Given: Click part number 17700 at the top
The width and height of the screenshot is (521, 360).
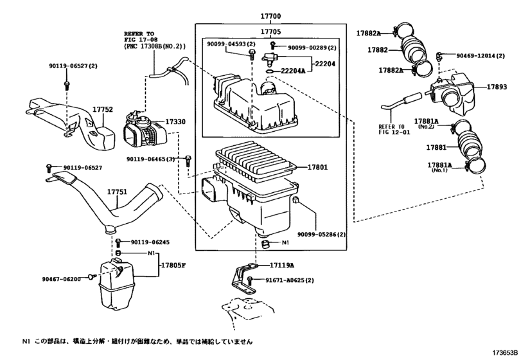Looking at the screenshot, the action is point(270,16).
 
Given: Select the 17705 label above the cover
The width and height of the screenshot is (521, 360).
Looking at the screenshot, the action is point(270,32).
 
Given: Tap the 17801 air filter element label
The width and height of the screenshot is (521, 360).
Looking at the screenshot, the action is point(317,167).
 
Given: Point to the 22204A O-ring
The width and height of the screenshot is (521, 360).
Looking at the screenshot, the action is point(270,71).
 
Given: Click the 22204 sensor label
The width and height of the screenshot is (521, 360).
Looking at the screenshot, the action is point(325,64).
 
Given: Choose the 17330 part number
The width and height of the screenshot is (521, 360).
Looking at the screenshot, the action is point(175,122).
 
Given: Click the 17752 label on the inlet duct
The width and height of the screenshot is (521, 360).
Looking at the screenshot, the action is point(103,109).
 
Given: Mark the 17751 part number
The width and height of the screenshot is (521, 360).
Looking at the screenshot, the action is point(118,192).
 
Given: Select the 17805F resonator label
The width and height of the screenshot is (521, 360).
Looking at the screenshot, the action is point(173,265).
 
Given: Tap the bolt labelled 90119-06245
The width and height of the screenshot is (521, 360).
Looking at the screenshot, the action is point(119,242).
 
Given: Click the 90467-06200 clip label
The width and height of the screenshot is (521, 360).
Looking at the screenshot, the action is point(62,279).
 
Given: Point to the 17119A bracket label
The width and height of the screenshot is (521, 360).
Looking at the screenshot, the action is point(282,265).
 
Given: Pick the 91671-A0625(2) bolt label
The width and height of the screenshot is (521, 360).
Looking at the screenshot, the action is point(289,280).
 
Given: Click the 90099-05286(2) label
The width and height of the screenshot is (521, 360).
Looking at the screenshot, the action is point(321,235).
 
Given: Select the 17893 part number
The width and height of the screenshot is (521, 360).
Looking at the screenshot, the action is point(497,87).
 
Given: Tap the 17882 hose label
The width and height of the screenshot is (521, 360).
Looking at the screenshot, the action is point(378,50).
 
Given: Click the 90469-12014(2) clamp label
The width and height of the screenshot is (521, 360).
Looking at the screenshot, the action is point(480,56).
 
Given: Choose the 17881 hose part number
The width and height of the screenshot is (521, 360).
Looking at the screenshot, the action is point(437,147).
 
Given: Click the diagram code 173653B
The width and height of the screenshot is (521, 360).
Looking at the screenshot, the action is point(505,353).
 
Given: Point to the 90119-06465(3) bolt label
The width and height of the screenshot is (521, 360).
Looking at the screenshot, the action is point(150,159).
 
